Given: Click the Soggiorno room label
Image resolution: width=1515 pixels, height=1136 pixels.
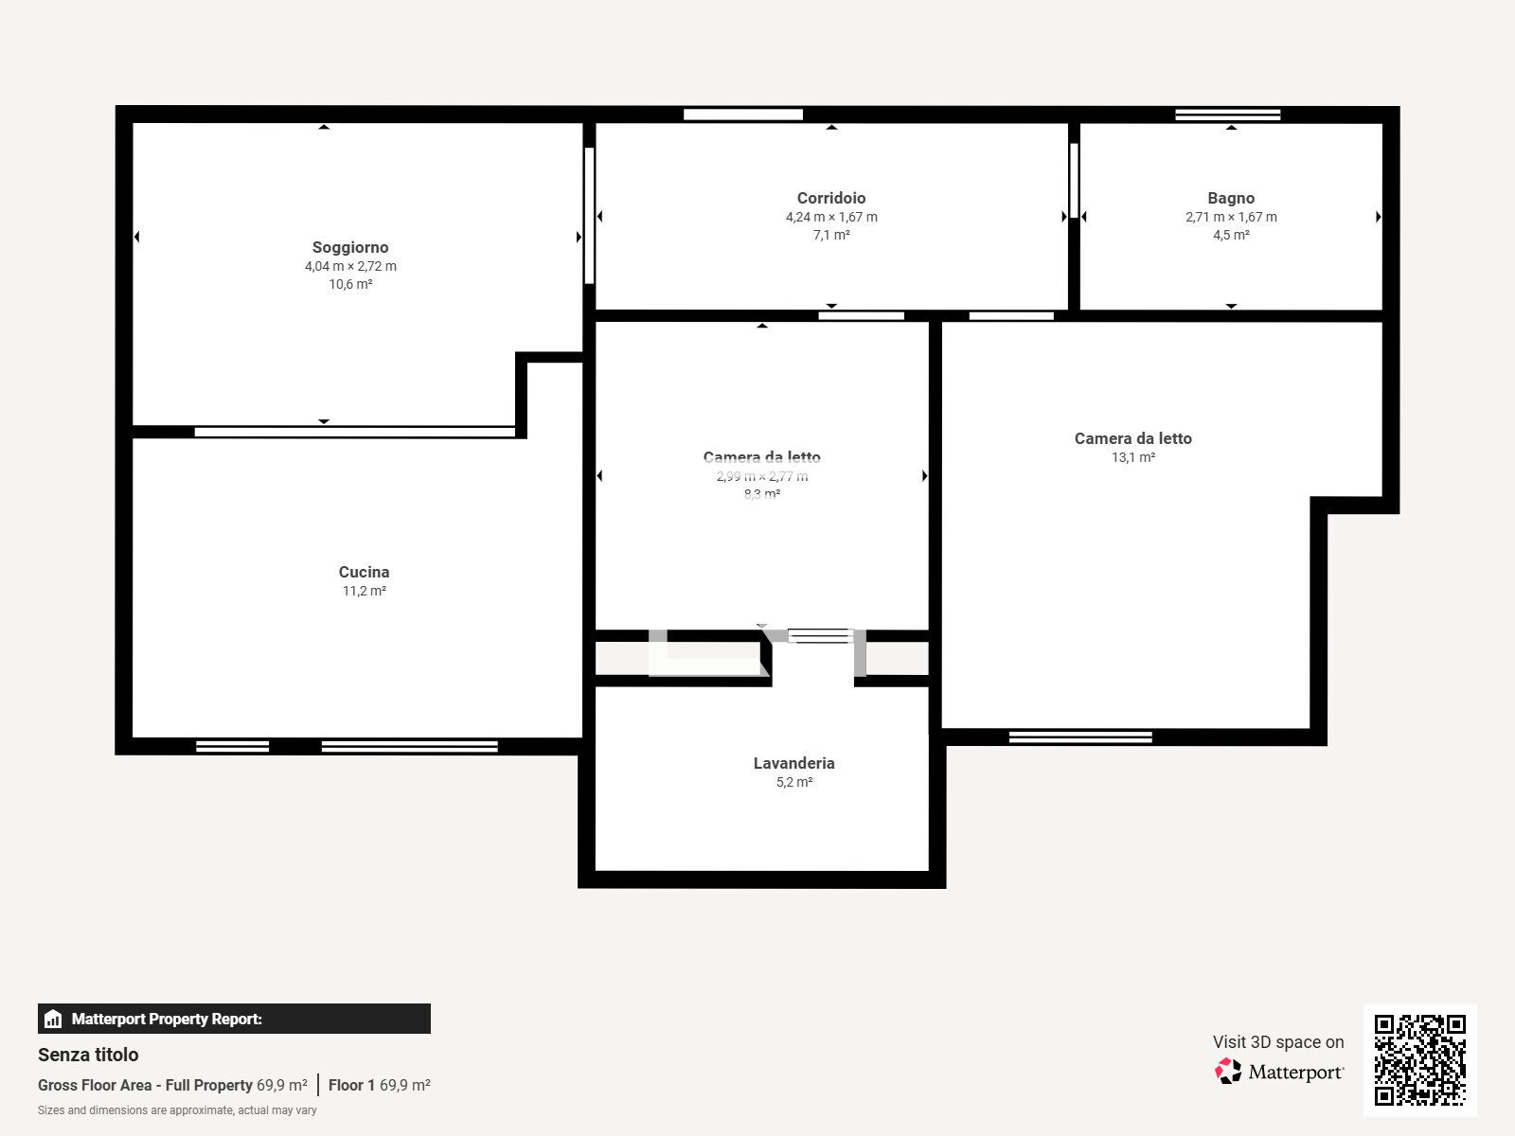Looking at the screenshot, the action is (x=350, y=247).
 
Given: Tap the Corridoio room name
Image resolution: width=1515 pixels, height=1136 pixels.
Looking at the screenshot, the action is (x=831, y=198).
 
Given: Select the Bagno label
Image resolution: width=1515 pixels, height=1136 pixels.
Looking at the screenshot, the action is (x=1231, y=198).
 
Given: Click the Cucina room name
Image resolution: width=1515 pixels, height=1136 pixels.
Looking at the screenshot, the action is (x=364, y=572).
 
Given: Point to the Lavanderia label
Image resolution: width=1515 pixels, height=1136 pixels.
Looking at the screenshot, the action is (x=793, y=763).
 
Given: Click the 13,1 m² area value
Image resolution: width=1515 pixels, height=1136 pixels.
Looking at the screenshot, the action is (x=1132, y=457).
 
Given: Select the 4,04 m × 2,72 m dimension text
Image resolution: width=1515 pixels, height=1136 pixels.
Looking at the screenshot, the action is (x=350, y=266).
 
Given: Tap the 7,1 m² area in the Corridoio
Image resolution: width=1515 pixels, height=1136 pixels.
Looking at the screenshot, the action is (x=831, y=235).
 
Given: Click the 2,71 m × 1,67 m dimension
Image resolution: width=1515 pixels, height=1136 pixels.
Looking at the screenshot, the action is (x=1231, y=217).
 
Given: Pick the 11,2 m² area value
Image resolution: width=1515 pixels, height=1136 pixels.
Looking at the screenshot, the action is (x=364, y=591).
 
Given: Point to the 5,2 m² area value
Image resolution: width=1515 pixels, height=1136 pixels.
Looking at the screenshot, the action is (x=793, y=782).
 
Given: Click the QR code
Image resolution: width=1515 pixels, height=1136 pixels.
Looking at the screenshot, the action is (x=1419, y=1059).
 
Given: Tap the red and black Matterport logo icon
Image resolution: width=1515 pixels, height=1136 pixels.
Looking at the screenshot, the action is (x=1228, y=1072).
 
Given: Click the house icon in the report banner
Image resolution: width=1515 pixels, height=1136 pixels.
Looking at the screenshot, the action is (x=53, y=1019).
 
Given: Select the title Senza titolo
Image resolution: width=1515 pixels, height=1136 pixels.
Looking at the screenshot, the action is (x=88, y=1055).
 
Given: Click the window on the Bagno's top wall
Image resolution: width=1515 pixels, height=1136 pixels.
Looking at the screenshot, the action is (x=1227, y=115).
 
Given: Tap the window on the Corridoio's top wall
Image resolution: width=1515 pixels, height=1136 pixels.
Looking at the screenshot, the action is (x=742, y=115).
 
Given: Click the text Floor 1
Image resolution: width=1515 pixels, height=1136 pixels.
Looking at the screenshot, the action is (x=351, y=1085).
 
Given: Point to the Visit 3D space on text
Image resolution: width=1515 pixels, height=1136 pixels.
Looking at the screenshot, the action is (x=1278, y=1041).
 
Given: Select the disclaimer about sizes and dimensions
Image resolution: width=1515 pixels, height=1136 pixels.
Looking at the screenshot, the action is (x=177, y=1110).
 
